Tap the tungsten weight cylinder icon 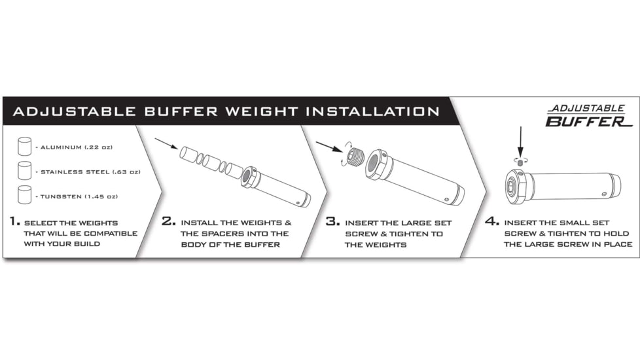pyautogui.click(x=25, y=194)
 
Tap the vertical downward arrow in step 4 pyautogui.click(x=521, y=141)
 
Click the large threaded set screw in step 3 pyautogui.click(x=356, y=157)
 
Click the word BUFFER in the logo pyautogui.click(x=576, y=121)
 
